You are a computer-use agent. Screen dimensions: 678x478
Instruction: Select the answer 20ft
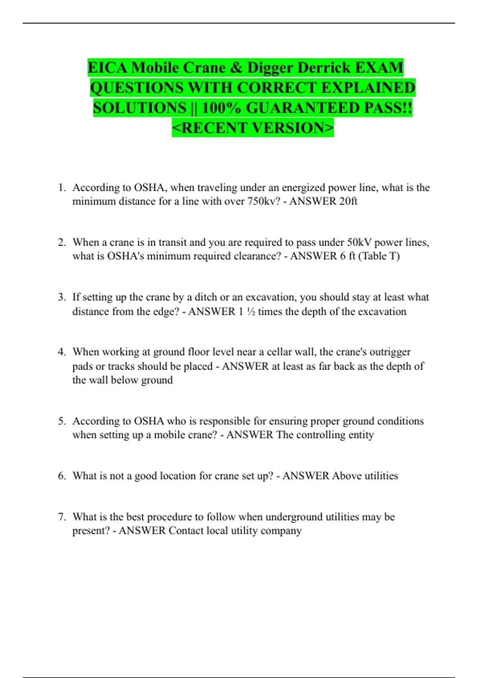[x=348, y=201]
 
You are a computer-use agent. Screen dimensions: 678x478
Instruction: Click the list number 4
[x=61, y=352]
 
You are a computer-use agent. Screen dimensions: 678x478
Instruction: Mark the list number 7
[x=61, y=517]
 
